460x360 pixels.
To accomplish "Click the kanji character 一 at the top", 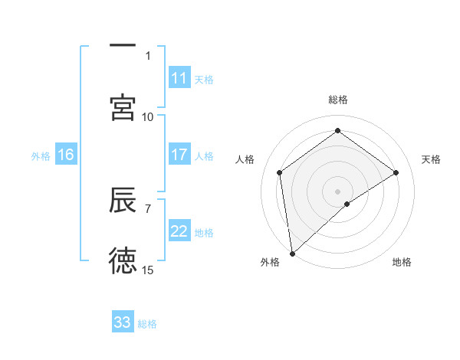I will coord(123,45).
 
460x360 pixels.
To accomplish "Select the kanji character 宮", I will coord(123,107).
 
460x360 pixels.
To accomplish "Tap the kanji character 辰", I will coord(123,200).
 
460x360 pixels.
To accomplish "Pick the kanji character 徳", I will coord(123,261).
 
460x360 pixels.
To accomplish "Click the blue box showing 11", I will coord(179,78).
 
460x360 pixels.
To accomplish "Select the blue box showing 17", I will coord(179,155).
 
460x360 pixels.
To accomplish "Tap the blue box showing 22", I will coord(179,231).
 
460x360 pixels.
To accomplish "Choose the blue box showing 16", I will coord(66,155).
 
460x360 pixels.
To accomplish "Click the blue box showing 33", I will coord(123,322).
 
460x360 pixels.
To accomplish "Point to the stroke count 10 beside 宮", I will coord(148,116).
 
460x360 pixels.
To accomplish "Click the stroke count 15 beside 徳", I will coord(148,270).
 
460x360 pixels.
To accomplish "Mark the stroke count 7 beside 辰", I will coord(148,208).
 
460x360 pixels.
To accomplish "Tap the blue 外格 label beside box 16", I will coord(41,155).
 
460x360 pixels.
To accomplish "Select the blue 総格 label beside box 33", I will coord(147,323).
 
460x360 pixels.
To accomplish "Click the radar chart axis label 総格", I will coord(337,100).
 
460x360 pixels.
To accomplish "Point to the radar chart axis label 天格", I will coord(431,159).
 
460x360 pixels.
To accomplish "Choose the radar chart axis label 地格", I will coord(402,262).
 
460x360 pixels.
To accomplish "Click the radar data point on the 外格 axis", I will coord(291,254).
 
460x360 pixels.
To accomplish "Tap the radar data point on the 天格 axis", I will coord(396,172).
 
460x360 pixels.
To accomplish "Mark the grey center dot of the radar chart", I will coord(337,191).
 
